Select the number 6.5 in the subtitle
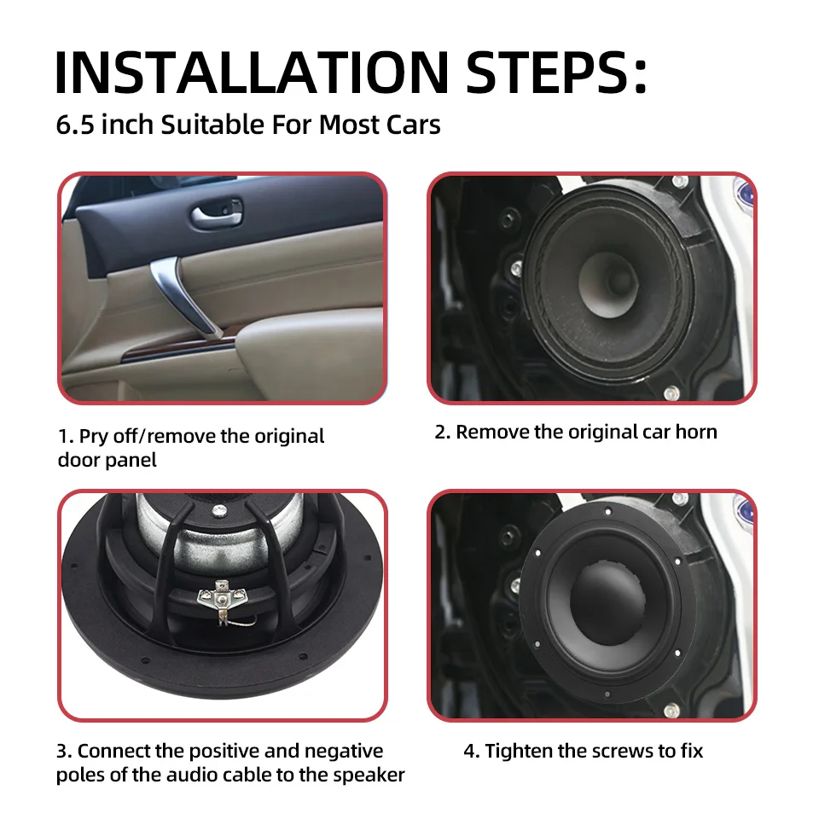(x=75, y=125)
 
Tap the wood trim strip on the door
(x=177, y=350)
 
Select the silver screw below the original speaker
(x=671, y=392)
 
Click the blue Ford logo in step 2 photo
(x=745, y=195)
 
